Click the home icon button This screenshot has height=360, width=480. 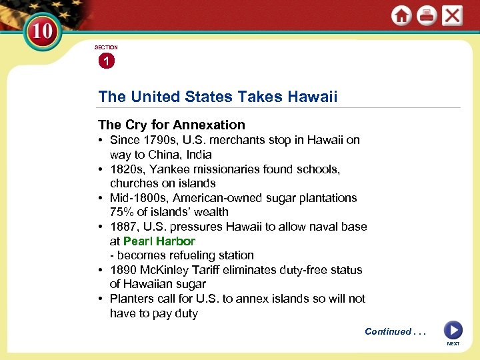401,16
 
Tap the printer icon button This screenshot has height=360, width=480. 427,16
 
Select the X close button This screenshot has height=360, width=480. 452,16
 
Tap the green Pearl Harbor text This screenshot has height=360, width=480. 159,241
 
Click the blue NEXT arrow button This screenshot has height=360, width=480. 453,330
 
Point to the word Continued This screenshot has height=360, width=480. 388,331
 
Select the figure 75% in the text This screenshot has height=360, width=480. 122,212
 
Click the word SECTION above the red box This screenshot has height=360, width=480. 106,47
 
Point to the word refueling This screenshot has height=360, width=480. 191,255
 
